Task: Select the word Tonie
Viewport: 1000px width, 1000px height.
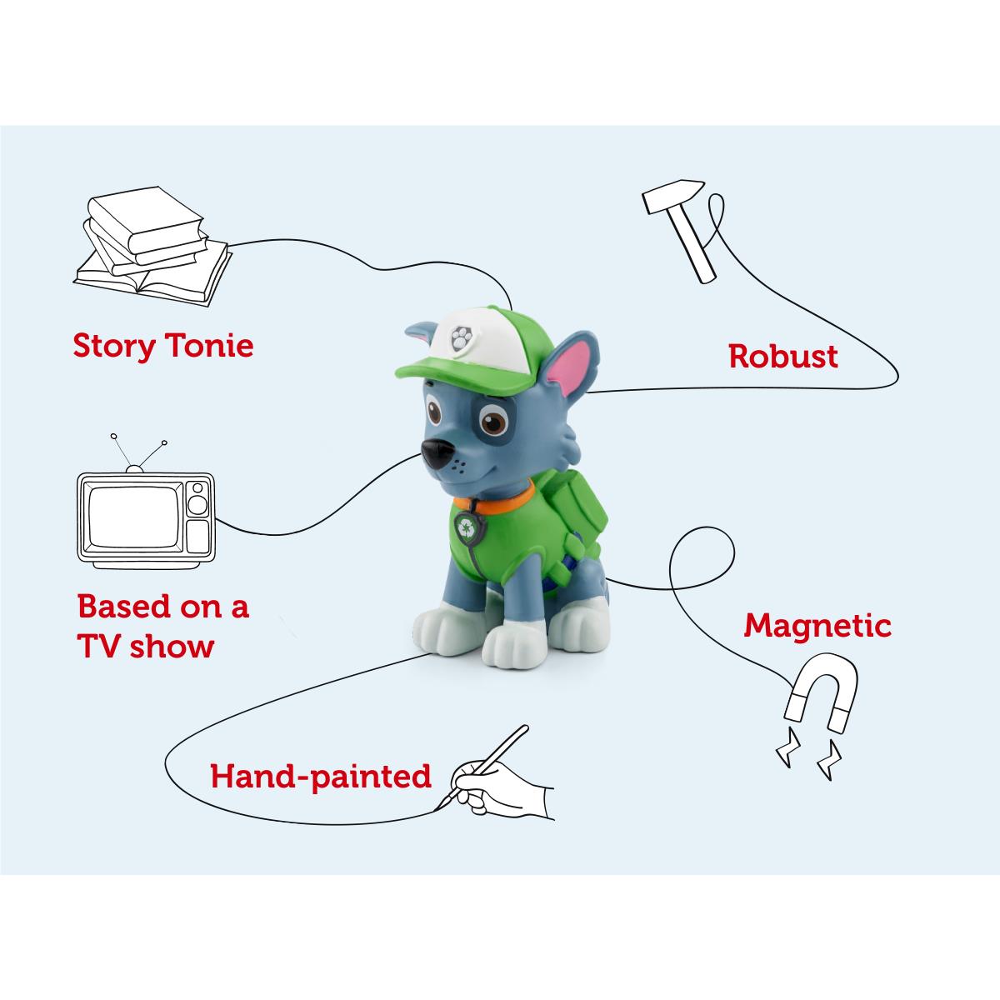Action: [208, 345]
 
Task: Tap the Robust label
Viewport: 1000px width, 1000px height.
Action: [782, 357]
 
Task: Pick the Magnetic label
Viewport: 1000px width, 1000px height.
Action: [817, 625]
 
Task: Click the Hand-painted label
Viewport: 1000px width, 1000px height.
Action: [321, 776]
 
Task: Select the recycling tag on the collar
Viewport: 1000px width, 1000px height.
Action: [463, 526]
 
